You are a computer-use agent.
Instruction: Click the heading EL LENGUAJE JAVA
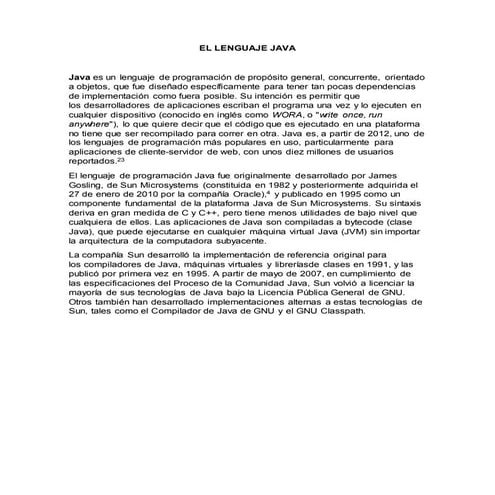tap(247, 47)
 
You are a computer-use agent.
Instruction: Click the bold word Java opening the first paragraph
tap(79, 76)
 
